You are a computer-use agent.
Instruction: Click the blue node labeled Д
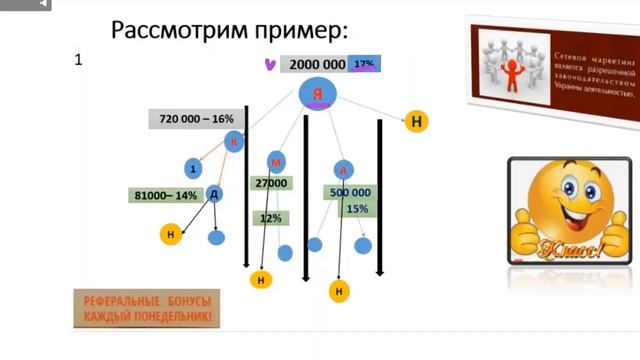[x=214, y=193]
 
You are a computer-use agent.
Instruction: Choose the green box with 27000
[x=271, y=184]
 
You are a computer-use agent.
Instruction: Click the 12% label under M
[x=270, y=217]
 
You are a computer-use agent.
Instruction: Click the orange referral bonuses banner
[x=148, y=309]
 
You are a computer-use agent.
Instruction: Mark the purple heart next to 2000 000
[x=269, y=64]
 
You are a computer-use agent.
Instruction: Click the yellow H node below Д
[x=171, y=234]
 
